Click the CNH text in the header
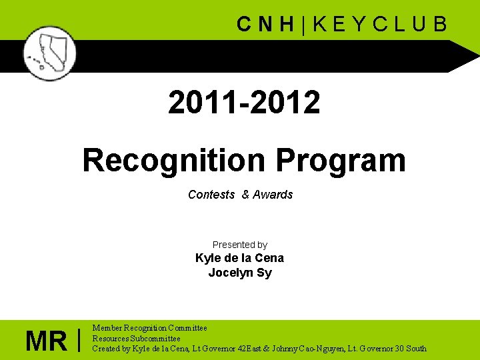pos(266,25)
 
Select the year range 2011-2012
pos(244,103)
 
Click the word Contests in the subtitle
pos(211,195)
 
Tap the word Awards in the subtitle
pos(273,195)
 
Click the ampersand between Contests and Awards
pos(245,195)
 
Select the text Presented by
pos(240,245)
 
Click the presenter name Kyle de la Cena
pos(239,258)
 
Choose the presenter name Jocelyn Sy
pos(240,273)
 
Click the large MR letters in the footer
pos(46,342)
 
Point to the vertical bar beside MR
pos(79,340)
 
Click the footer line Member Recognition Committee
pos(149,328)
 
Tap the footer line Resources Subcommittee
pos(136,338)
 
